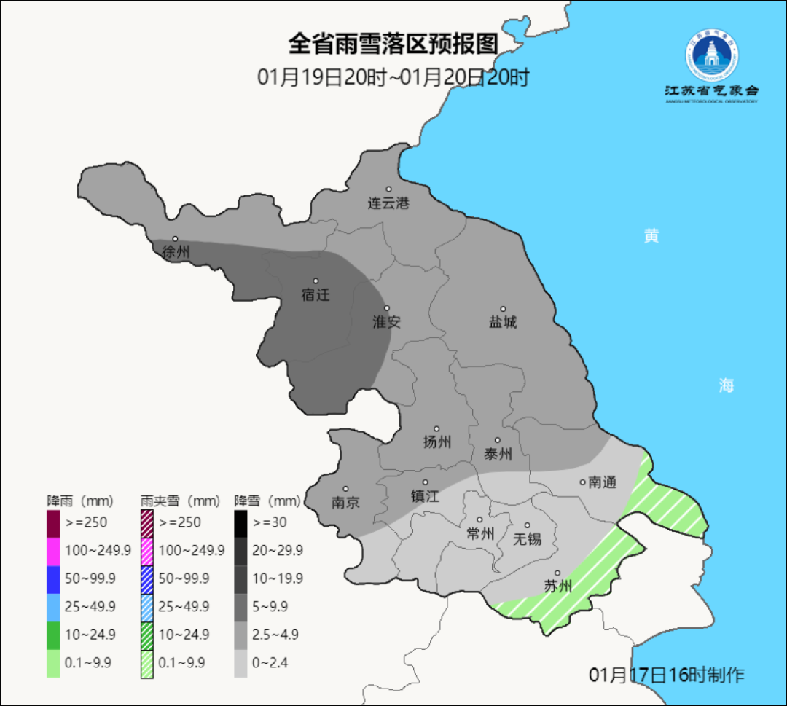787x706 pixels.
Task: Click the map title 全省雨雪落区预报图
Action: [x=393, y=44]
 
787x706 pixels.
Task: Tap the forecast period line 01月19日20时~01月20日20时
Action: [x=393, y=77]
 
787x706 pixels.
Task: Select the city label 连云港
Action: [x=388, y=203]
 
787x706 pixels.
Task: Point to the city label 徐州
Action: [x=176, y=252]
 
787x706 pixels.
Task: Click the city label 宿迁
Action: [x=316, y=295]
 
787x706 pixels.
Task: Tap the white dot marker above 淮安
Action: [x=387, y=308]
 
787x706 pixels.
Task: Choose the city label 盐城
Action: [x=502, y=322]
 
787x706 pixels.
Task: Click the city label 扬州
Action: [x=437, y=442]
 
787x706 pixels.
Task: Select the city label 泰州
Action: [x=498, y=454]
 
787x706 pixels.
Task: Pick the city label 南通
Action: [x=602, y=482]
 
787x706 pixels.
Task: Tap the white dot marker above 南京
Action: [x=345, y=489]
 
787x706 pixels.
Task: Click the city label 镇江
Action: [x=425, y=495]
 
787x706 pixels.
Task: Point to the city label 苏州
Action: [x=558, y=587]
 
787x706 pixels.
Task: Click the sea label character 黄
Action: [x=651, y=236]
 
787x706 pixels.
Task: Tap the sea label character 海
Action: [x=726, y=386]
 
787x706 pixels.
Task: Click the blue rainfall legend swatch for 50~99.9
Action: [x=53, y=578]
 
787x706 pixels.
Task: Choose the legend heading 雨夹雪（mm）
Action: [x=179, y=501]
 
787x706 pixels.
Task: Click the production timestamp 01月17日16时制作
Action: [x=666, y=675]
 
